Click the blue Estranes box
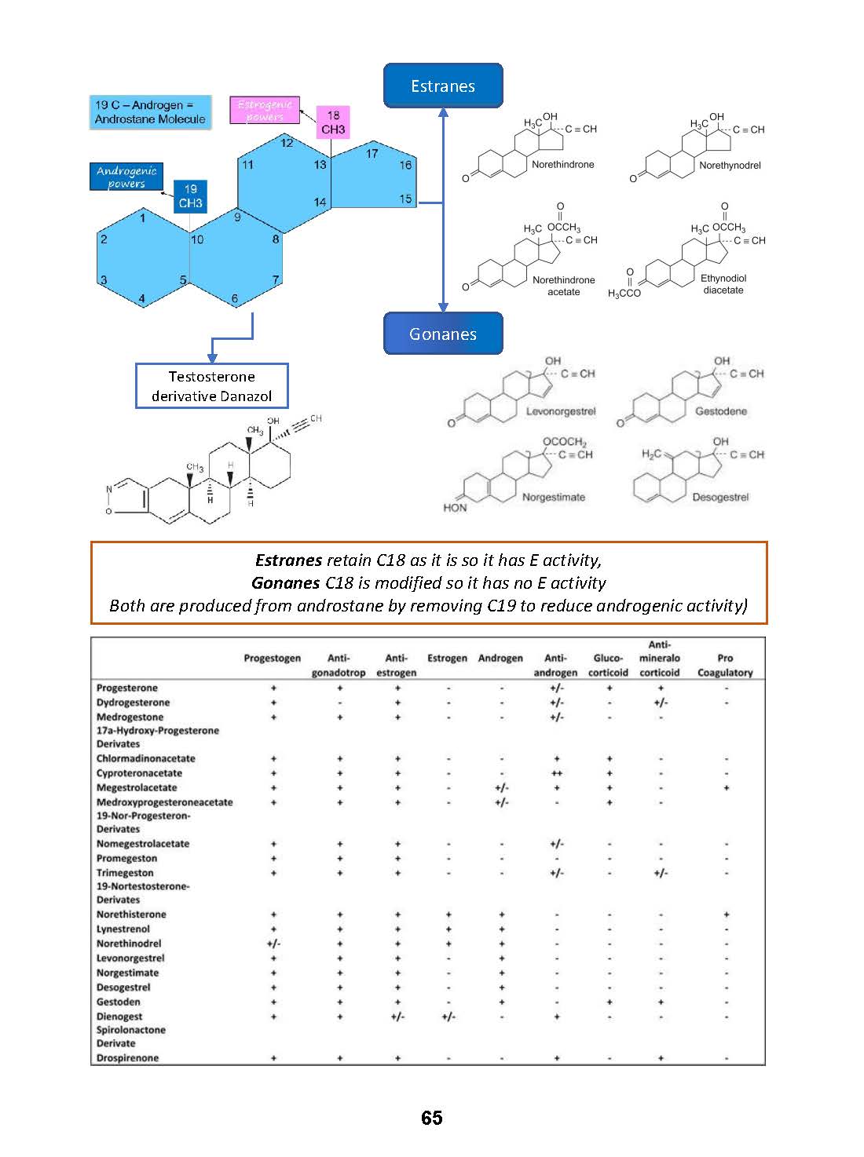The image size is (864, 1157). pyautogui.click(x=443, y=86)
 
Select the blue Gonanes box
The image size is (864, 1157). pyautogui.click(x=443, y=334)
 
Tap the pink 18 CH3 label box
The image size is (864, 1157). pyautogui.click(x=333, y=122)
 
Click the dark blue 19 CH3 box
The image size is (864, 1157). pyautogui.click(x=190, y=196)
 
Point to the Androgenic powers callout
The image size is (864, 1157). pyautogui.click(x=126, y=177)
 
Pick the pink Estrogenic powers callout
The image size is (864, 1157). pyautogui.click(x=265, y=111)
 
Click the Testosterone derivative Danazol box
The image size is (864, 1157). pyautogui.click(x=211, y=386)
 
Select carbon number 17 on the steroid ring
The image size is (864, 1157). pyautogui.click(x=372, y=154)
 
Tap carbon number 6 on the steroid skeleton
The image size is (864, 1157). pyautogui.click(x=235, y=299)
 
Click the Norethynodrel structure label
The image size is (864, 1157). pyautogui.click(x=730, y=166)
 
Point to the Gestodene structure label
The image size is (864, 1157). pyautogui.click(x=721, y=411)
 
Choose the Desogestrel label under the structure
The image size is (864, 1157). pyautogui.click(x=720, y=498)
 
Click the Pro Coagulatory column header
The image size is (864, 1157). pyautogui.click(x=725, y=666)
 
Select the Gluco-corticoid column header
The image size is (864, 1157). pyautogui.click(x=608, y=666)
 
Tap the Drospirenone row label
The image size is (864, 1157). pyautogui.click(x=127, y=1058)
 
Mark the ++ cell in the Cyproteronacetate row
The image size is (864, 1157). pyautogui.click(x=556, y=773)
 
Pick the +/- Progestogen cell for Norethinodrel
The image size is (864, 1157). pyautogui.click(x=273, y=943)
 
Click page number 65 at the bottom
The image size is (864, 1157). pyautogui.click(x=431, y=1119)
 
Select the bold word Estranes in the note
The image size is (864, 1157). pyautogui.click(x=288, y=560)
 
